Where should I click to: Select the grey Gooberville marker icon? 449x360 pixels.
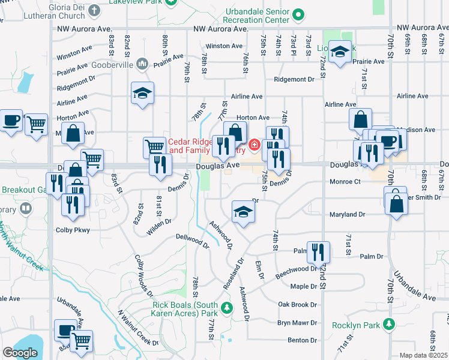(142, 63)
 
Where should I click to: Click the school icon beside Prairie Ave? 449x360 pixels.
(340, 53)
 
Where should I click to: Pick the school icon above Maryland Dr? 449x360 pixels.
(243, 211)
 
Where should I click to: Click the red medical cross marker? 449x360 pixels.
(255, 145)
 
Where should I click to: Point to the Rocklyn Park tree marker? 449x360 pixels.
(389, 324)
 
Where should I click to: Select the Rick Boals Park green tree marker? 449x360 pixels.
(226, 308)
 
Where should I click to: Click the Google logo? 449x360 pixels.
(20, 353)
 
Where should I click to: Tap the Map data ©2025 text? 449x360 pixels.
(423, 355)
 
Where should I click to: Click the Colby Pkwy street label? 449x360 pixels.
(72, 229)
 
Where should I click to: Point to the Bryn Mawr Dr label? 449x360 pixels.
(292, 323)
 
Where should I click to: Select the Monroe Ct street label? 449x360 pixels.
(345, 181)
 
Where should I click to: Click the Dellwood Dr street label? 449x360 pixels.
(192, 241)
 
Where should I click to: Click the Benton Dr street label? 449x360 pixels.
(302, 340)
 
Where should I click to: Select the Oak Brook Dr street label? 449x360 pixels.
(297, 305)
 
